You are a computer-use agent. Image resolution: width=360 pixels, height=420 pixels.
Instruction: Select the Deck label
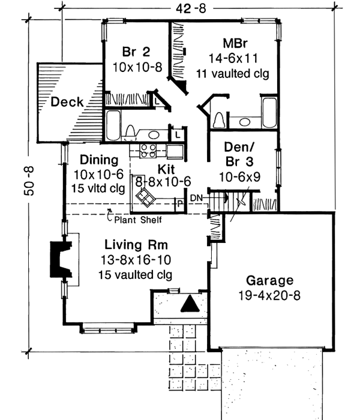click(x=67, y=102)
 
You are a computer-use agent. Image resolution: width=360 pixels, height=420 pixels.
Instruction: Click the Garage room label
click(x=269, y=280)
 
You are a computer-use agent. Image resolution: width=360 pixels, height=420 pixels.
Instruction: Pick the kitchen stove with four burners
click(x=148, y=151)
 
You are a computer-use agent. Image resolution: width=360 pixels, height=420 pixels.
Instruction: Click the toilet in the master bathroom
click(x=220, y=120)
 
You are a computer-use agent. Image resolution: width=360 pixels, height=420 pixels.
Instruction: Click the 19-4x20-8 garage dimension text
click(x=269, y=295)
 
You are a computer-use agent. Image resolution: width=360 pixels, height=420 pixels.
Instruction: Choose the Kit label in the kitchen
click(x=166, y=169)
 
